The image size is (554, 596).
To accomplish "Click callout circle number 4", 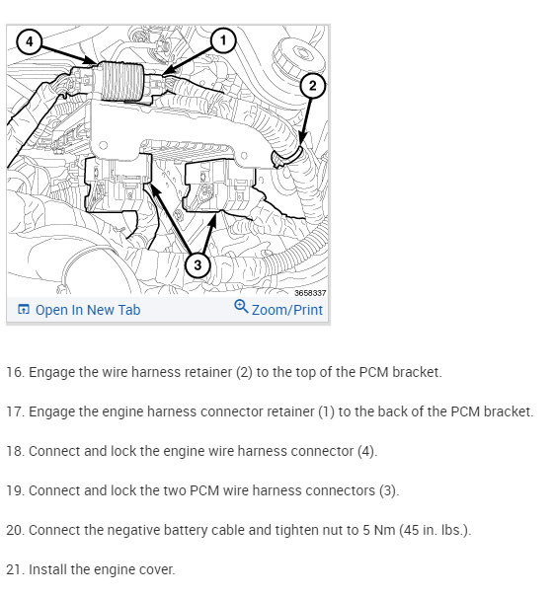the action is (30, 41).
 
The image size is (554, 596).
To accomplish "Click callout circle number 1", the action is (223, 40).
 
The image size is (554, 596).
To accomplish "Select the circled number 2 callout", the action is (312, 86).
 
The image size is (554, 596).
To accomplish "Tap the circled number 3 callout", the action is (198, 264).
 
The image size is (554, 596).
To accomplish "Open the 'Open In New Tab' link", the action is (88, 310).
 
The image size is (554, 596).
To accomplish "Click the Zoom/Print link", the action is (287, 310).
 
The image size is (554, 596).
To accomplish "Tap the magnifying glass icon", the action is (241, 306).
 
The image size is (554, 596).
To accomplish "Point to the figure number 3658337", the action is (310, 293).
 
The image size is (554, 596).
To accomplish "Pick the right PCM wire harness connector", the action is (219, 186).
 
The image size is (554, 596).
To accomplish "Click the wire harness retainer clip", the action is (286, 157).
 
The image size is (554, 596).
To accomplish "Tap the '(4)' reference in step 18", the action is (367, 451).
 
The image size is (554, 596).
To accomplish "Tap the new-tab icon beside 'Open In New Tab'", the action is (24, 310).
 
